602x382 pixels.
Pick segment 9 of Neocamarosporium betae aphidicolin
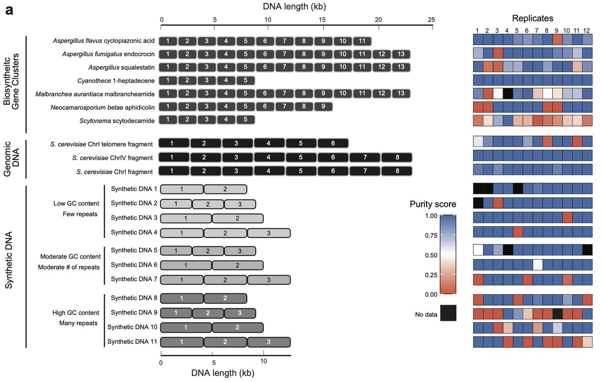coord(323,106)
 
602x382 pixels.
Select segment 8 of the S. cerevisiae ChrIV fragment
coord(397,158)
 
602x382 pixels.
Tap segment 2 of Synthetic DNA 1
coord(225,189)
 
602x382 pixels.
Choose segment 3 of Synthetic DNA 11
coord(269,342)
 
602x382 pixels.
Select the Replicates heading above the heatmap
coord(533,19)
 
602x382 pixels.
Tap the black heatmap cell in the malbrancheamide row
coord(508,93)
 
